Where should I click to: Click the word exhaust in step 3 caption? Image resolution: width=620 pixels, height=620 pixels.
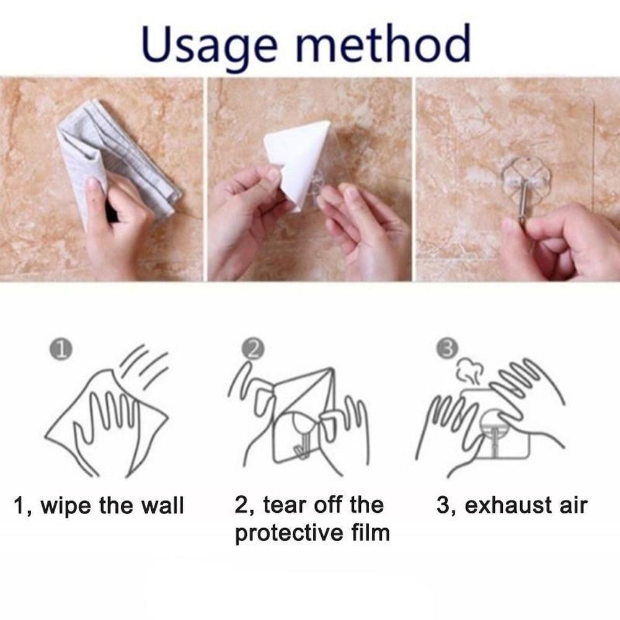[x=504, y=505]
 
